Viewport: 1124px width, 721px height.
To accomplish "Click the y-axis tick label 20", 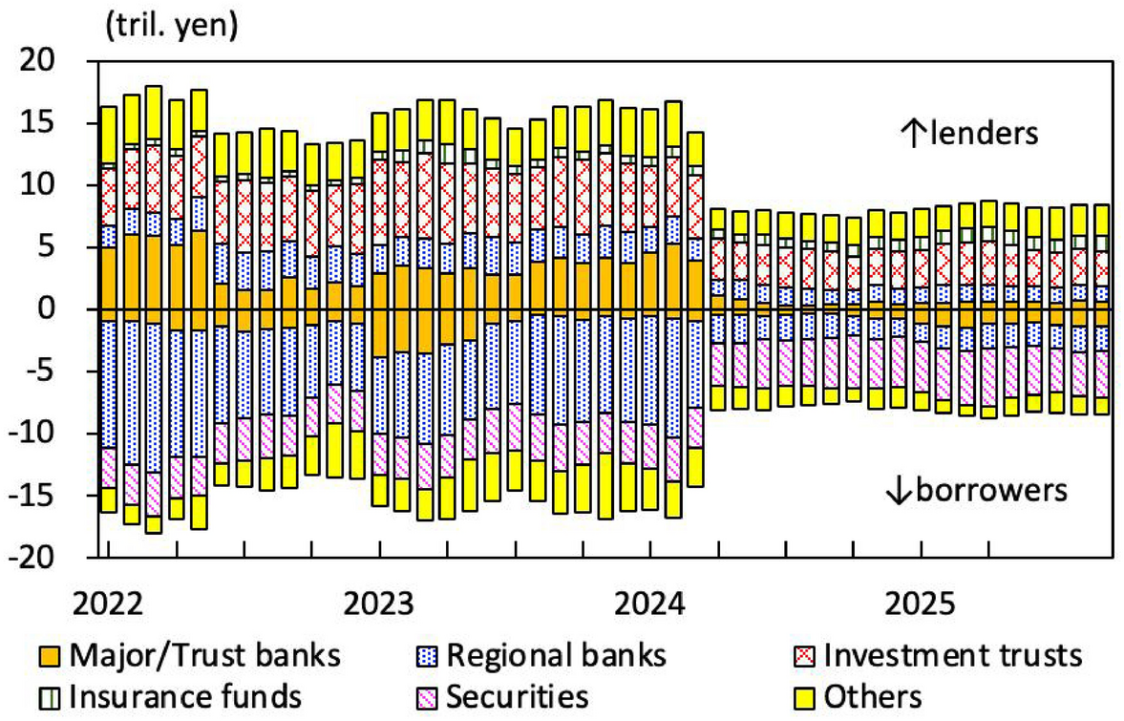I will tap(60, 61).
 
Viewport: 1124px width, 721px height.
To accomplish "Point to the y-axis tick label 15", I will tap(60, 123).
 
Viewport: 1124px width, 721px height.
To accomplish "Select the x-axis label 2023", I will tap(381, 604).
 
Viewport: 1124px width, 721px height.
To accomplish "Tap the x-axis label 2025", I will tap(923, 604).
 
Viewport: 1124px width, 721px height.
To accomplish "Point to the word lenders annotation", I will tap(983, 134).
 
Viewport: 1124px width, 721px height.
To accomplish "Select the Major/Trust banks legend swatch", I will tap(49, 656).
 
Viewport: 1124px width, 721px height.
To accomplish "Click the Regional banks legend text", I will tap(557, 656).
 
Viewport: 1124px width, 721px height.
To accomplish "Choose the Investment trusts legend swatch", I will tap(805, 656).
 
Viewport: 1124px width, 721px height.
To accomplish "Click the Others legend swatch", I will tap(805, 696).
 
